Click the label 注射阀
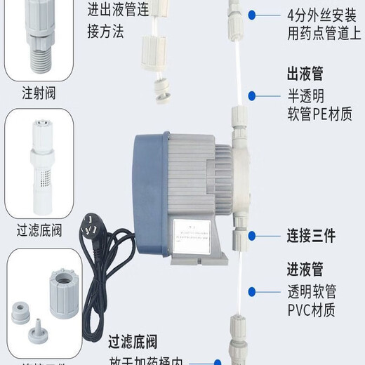click(x=39, y=91)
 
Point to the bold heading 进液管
click(x=305, y=269)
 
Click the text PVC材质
click(x=311, y=310)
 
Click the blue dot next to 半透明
click(x=251, y=94)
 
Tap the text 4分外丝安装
click(x=321, y=13)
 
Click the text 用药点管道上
click(x=321, y=34)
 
